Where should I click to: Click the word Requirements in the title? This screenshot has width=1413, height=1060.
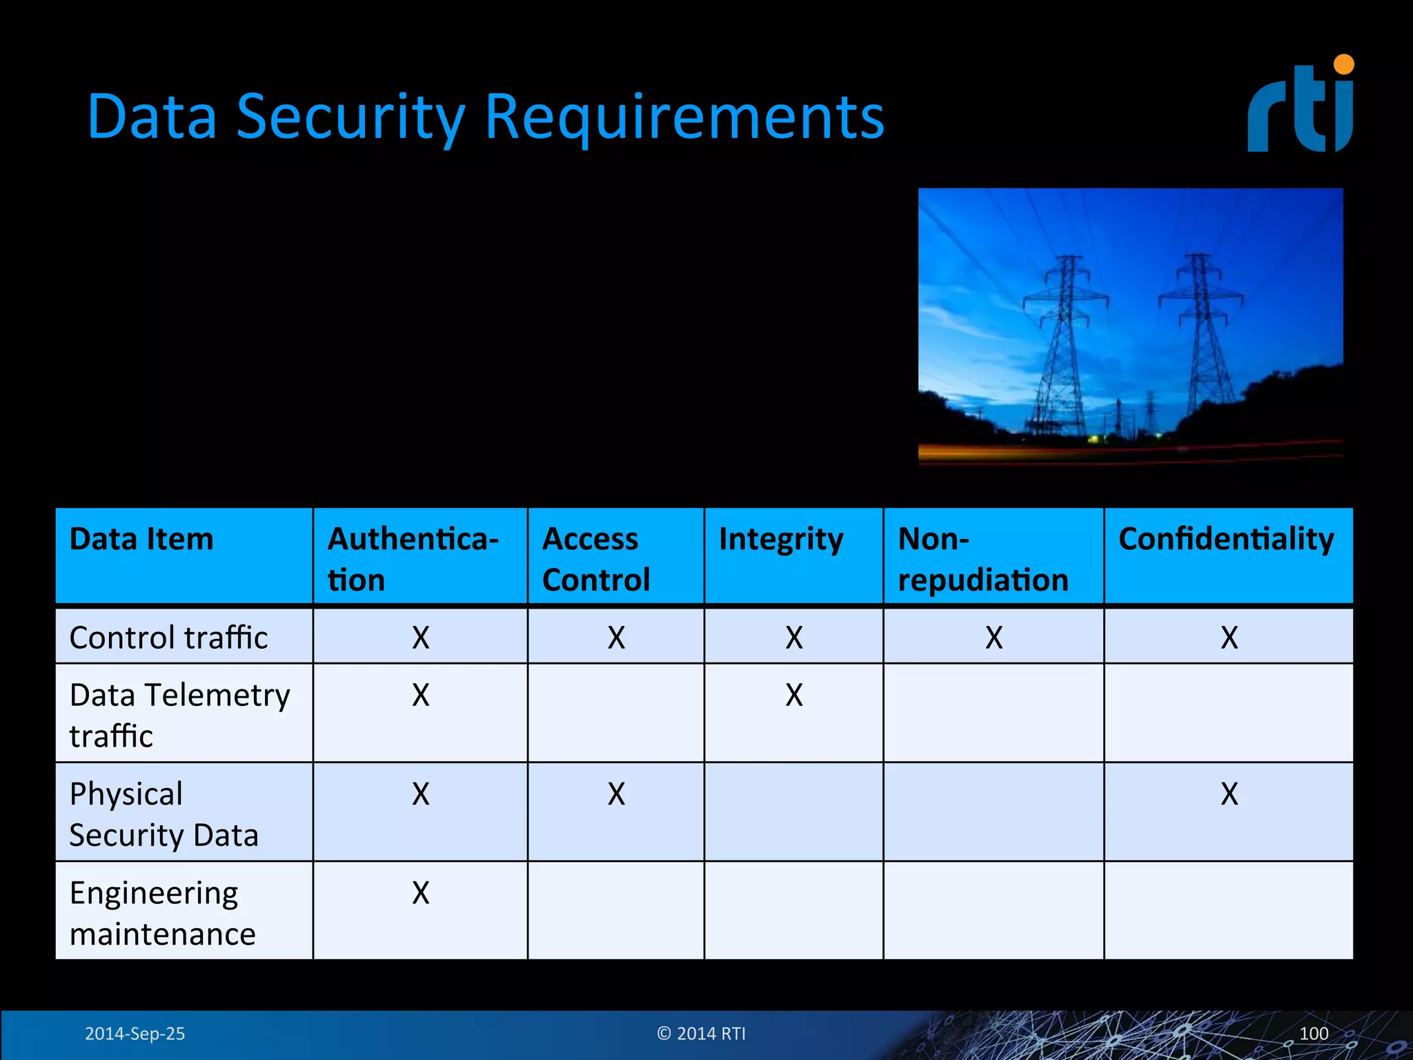coord(684,116)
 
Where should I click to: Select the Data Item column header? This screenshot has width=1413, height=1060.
coord(141,539)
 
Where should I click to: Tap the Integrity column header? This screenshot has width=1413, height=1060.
coord(780,539)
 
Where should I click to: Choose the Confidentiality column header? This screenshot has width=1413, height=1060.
coord(1226,539)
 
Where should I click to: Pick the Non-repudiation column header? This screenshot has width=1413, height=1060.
coord(982,558)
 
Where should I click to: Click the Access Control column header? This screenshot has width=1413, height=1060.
coord(596,558)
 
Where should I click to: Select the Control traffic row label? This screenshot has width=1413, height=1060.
coord(168,637)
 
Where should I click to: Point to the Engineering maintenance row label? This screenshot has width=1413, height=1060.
coord(162,913)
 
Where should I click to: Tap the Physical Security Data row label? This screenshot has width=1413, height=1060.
coord(164,814)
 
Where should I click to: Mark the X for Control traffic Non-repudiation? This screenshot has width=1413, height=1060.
coord(994,638)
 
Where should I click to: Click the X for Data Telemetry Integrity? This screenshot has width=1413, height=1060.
coord(794,695)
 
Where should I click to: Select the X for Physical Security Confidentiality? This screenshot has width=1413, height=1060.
coord(1229,794)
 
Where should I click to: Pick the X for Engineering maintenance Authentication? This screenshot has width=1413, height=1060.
coord(420,893)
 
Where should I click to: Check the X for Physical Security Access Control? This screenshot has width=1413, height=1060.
coord(616,794)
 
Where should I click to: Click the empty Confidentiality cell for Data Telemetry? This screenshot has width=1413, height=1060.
coord(1228,713)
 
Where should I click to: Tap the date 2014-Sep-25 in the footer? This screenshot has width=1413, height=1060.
coord(135,1034)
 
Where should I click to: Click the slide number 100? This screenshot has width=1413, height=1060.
coord(1313,1034)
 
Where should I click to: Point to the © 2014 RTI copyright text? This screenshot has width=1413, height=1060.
coord(701,1034)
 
